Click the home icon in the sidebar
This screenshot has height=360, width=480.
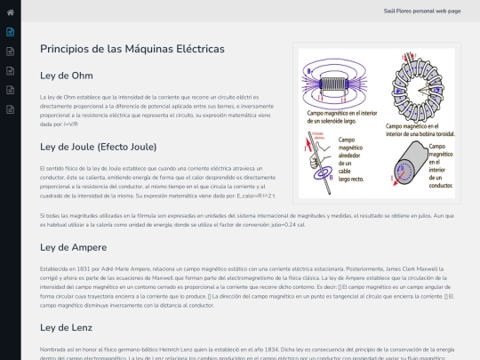[10, 12]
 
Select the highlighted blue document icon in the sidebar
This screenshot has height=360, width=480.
[10, 31]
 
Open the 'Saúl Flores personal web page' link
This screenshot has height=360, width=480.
[421, 11]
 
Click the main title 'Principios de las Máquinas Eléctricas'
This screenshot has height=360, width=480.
[132, 49]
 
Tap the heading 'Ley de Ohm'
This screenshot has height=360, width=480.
[67, 76]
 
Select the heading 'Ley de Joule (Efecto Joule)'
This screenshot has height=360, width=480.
[99, 147]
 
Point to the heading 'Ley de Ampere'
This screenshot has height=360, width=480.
[73, 246]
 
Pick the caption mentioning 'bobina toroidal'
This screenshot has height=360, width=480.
[421, 130]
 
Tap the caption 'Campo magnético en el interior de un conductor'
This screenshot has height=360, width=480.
[441, 166]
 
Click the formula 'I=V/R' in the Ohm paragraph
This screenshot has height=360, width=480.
[72, 124]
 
